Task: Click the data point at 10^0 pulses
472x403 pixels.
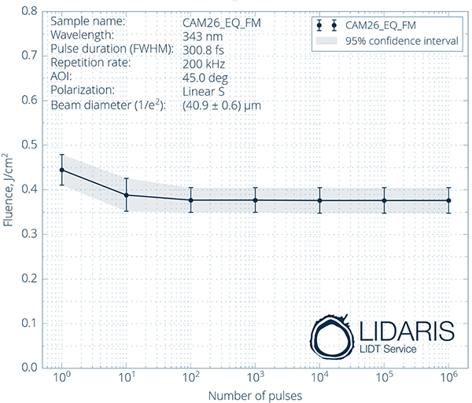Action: [x=61, y=170]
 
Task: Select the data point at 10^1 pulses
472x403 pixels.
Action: [x=126, y=195]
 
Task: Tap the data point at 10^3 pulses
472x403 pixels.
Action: [x=255, y=200]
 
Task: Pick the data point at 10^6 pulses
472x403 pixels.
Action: [x=448, y=200]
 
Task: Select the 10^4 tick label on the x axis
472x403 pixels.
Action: [x=319, y=379]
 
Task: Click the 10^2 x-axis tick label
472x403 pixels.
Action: [x=190, y=379]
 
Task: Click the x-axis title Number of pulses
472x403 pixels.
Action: [x=255, y=396]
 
